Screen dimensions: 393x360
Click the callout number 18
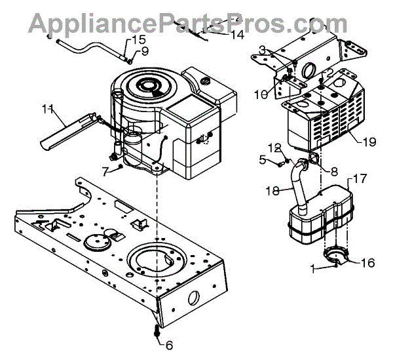pyautogui.click(x=271, y=190)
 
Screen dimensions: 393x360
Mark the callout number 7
pyautogui.click(x=105, y=171)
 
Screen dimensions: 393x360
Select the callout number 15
pyautogui.click(x=138, y=40)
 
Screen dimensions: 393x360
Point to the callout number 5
pyautogui.click(x=263, y=158)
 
